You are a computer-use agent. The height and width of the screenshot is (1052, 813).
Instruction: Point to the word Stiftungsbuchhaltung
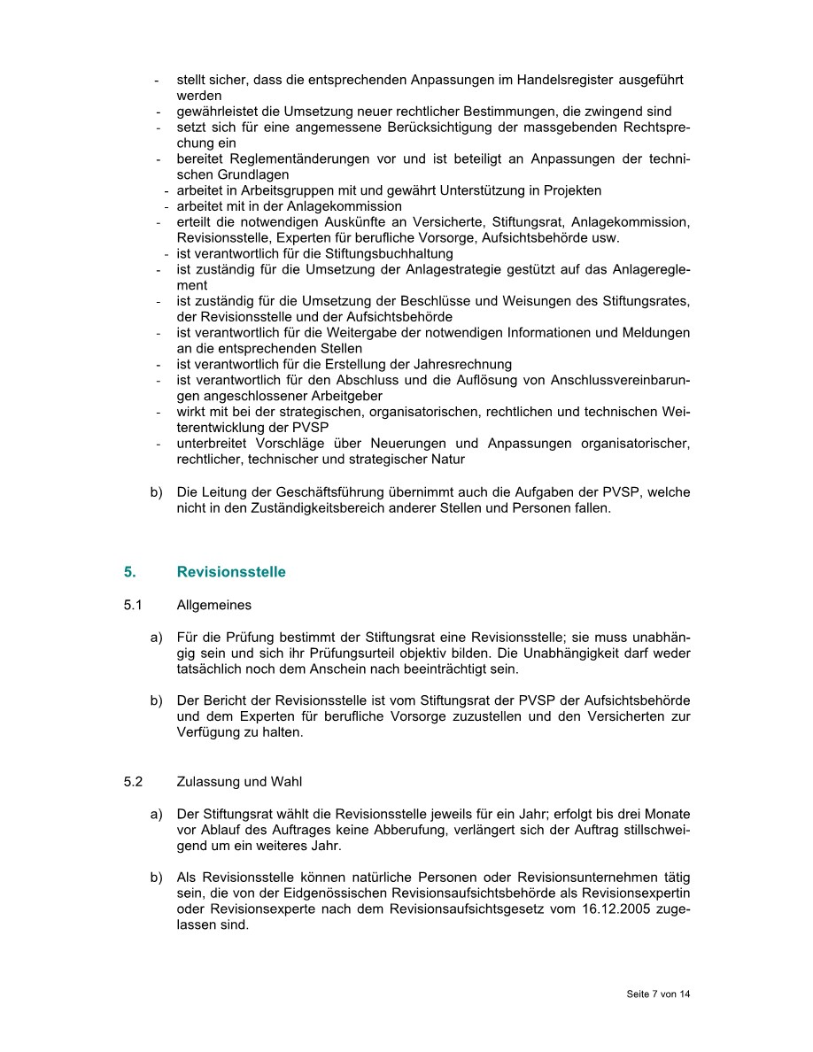click(x=390, y=254)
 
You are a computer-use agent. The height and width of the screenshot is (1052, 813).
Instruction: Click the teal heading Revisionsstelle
click(x=231, y=572)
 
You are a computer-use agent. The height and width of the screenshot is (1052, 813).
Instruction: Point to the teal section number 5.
click(x=130, y=572)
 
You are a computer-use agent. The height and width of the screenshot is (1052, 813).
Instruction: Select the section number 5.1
click(x=133, y=606)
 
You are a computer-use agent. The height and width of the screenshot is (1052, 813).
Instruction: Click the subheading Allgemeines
click(x=213, y=606)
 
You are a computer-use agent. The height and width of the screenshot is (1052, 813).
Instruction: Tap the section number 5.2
click(x=133, y=782)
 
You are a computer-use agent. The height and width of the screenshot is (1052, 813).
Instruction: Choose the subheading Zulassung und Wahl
click(x=239, y=782)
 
